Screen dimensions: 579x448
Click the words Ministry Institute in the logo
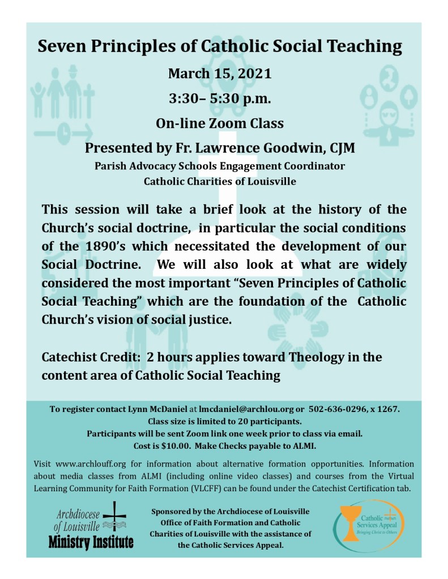[x=91, y=543]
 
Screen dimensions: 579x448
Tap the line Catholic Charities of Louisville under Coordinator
[x=220, y=182]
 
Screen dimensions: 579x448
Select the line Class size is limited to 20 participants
[x=224, y=422]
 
